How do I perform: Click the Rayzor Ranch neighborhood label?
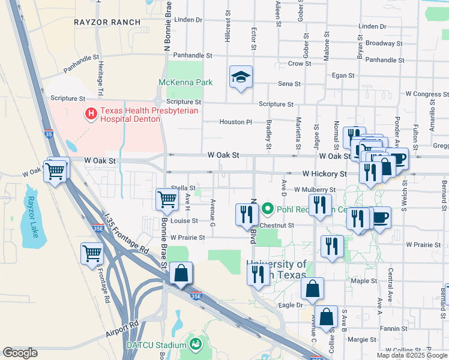[107, 22]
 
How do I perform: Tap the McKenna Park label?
[185, 82]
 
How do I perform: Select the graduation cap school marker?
[241, 77]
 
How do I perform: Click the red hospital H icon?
[91, 113]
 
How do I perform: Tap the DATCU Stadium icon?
[194, 344]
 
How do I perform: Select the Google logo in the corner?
[20, 353]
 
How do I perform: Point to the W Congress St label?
[427, 94]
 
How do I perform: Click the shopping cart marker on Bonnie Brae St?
[167, 199]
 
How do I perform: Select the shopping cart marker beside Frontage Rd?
[92, 253]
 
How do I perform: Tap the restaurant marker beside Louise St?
[246, 214]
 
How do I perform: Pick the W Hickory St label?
[324, 173]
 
